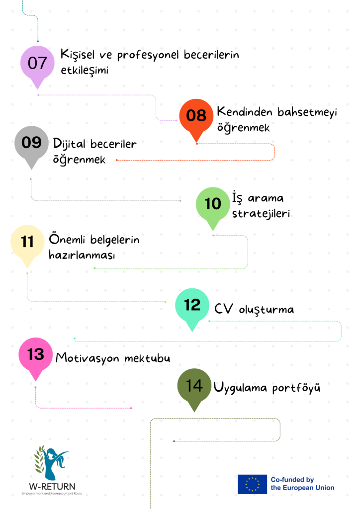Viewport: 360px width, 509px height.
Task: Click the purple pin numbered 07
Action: coord(37,65)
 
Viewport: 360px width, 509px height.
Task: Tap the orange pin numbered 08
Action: coord(196,117)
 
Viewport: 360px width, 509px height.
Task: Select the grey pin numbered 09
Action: coord(31,145)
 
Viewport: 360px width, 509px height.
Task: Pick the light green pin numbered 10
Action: coord(213,206)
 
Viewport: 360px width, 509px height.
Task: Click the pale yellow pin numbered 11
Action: coord(27,244)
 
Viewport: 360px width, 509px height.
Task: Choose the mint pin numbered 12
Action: coord(192,307)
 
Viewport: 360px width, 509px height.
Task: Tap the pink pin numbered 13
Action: coord(36,356)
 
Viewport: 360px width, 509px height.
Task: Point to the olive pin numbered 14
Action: coord(194,387)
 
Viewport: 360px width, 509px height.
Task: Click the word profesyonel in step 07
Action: coord(148,55)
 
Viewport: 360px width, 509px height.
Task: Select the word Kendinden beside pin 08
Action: coord(245,111)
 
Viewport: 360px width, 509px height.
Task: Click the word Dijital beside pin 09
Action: coord(70,144)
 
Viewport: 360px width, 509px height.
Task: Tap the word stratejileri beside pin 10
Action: coord(261,214)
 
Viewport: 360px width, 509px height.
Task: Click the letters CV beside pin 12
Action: coord(224,309)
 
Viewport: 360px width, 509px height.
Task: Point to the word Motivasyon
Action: coord(88,358)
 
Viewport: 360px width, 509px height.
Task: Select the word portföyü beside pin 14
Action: coord(296,388)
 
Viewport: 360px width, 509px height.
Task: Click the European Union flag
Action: coord(252,484)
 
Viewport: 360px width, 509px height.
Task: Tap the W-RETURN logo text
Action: coord(52,486)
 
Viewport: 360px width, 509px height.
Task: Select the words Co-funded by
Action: coord(292,480)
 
